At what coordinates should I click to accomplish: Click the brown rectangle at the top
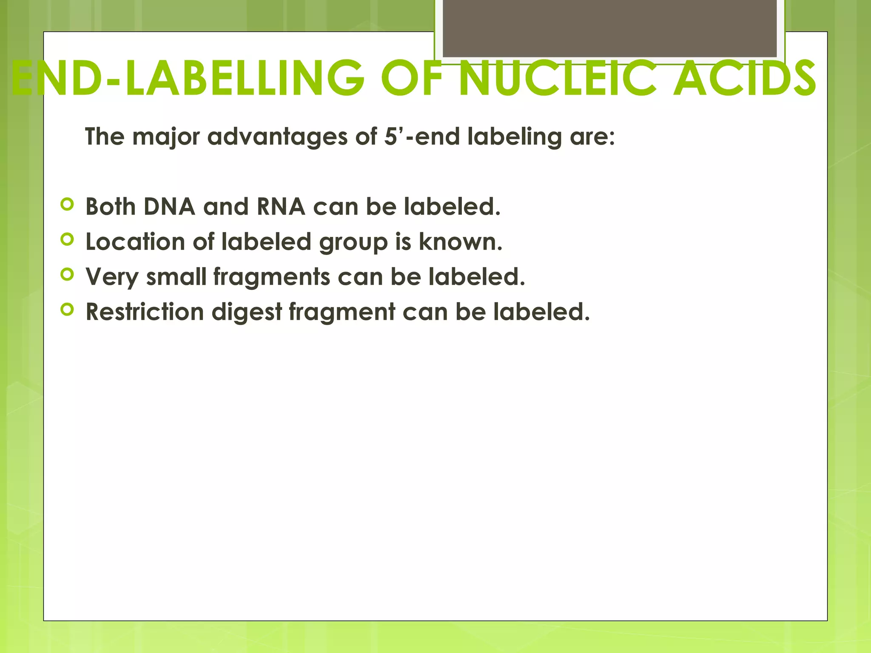(609, 28)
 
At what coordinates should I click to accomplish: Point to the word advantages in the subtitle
(277, 137)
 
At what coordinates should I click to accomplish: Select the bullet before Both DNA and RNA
(67, 204)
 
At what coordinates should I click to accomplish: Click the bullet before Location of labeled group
(67, 239)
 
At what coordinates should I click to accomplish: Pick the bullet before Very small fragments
(67, 275)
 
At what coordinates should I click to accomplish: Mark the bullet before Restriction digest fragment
(67, 309)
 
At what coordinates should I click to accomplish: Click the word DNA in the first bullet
(169, 207)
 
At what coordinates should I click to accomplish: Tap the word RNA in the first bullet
(281, 207)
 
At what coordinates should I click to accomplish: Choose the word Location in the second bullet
(135, 242)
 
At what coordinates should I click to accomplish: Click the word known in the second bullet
(457, 242)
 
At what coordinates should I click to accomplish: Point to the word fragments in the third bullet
(271, 277)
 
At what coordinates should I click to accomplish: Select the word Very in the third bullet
(112, 278)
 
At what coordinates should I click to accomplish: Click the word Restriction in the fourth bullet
(145, 312)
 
